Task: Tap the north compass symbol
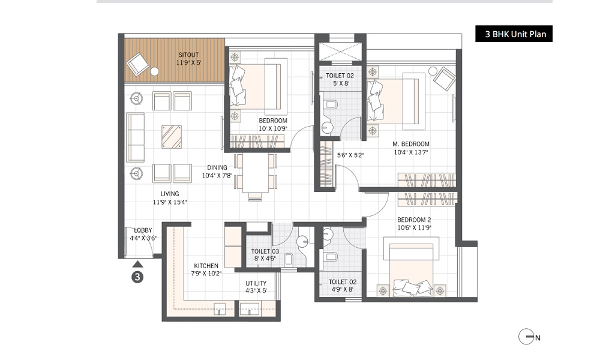526,337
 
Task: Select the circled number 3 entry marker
137,277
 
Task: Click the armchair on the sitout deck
136,63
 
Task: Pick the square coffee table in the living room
172,137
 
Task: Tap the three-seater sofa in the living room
135,137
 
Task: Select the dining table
256,173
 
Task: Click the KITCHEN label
206,266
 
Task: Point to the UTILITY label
256,284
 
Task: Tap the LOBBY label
143,230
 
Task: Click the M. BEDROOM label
411,144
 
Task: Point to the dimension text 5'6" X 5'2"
350,155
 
